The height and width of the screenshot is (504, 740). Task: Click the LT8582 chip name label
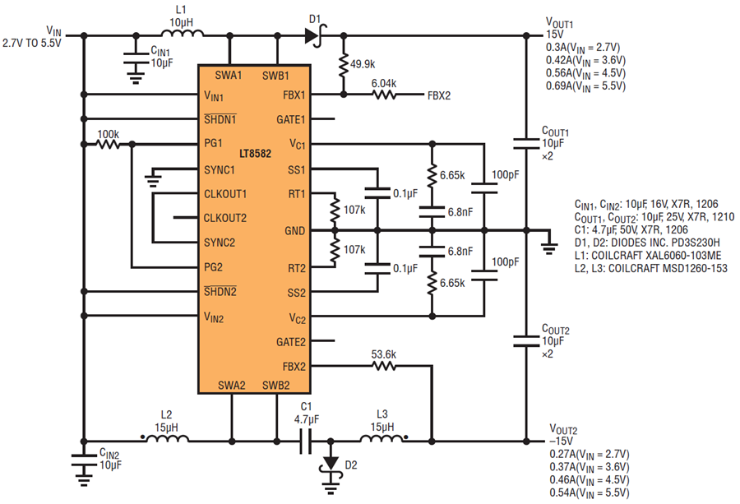click(x=255, y=154)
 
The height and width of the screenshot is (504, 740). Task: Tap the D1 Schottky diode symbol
click(x=315, y=35)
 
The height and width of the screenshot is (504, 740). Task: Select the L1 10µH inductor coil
click(x=183, y=33)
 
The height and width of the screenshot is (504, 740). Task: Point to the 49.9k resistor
click(x=344, y=64)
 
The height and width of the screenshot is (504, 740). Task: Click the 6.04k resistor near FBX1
click(x=384, y=95)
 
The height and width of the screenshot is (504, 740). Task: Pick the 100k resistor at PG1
click(x=108, y=143)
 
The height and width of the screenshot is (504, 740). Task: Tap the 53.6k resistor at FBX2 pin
click(x=384, y=366)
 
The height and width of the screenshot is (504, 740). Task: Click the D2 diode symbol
click(x=331, y=465)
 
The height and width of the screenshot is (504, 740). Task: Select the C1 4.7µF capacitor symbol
click(x=306, y=442)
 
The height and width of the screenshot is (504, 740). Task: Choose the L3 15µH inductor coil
click(x=382, y=438)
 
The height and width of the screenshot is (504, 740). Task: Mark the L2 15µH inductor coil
click(x=167, y=438)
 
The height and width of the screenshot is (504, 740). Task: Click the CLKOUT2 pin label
click(x=225, y=219)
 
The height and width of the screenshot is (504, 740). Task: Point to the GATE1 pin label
click(x=291, y=120)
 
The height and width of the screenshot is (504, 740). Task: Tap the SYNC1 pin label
click(x=220, y=170)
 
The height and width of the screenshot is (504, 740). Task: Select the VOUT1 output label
click(x=559, y=23)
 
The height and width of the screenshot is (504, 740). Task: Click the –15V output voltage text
click(x=561, y=442)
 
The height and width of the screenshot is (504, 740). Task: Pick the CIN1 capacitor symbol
click(x=136, y=58)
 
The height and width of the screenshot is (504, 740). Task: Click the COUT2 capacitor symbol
click(x=526, y=341)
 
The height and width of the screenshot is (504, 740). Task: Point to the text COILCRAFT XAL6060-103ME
click(x=656, y=256)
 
